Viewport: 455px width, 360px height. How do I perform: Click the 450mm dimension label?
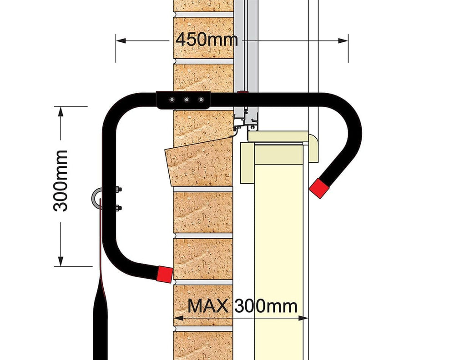(x=207, y=39)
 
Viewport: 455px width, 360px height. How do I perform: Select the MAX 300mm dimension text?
(x=243, y=305)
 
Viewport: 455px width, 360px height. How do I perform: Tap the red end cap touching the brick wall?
(x=165, y=274)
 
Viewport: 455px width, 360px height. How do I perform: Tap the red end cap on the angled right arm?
(x=319, y=188)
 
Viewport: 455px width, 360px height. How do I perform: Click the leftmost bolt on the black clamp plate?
(x=172, y=100)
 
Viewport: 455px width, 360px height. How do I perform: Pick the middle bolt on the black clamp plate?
(x=186, y=100)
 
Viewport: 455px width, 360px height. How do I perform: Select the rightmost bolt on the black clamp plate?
(x=201, y=100)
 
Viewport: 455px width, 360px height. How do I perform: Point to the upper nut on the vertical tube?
(x=118, y=190)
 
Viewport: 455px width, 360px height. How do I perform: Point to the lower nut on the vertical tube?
(x=118, y=208)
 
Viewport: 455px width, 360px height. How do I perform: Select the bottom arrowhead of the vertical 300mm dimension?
(x=61, y=261)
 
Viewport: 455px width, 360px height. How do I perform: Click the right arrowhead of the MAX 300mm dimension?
(x=303, y=318)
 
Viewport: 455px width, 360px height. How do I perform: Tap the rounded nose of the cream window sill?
(x=314, y=147)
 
